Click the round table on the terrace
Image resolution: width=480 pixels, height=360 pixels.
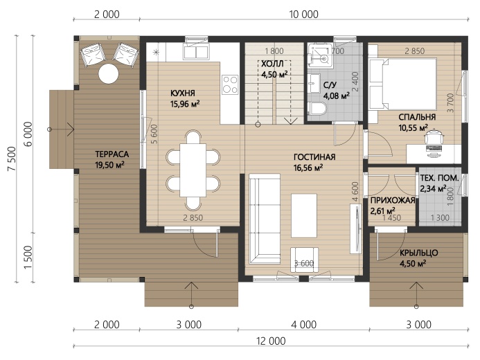coord(109,73)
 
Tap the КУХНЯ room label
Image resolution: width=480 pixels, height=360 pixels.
coord(182,93)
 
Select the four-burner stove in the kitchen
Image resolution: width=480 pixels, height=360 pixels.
coord(230,84)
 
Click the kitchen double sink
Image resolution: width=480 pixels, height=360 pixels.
coord(196,51)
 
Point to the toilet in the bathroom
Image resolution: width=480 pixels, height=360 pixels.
coord(317,109)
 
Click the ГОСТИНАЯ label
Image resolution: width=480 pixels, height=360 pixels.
coord(314,157)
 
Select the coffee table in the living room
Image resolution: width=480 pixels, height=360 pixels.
coord(304,215)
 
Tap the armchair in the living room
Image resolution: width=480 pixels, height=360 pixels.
coord(304,259)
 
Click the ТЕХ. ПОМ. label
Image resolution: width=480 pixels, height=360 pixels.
coord(439,178)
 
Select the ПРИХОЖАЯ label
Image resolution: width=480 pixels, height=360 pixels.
coord(393,201)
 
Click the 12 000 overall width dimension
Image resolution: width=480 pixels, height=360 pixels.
coord(271,341)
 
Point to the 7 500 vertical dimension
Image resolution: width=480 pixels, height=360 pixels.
coord(12,159)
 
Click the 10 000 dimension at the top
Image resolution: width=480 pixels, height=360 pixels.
coord(303,14)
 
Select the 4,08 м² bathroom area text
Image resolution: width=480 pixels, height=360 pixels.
coord(337,96)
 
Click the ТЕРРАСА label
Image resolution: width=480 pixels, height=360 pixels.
coord(112,154)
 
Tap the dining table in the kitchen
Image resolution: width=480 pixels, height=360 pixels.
coord(193,170)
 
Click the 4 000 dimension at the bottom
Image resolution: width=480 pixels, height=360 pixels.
coord(303,325)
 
